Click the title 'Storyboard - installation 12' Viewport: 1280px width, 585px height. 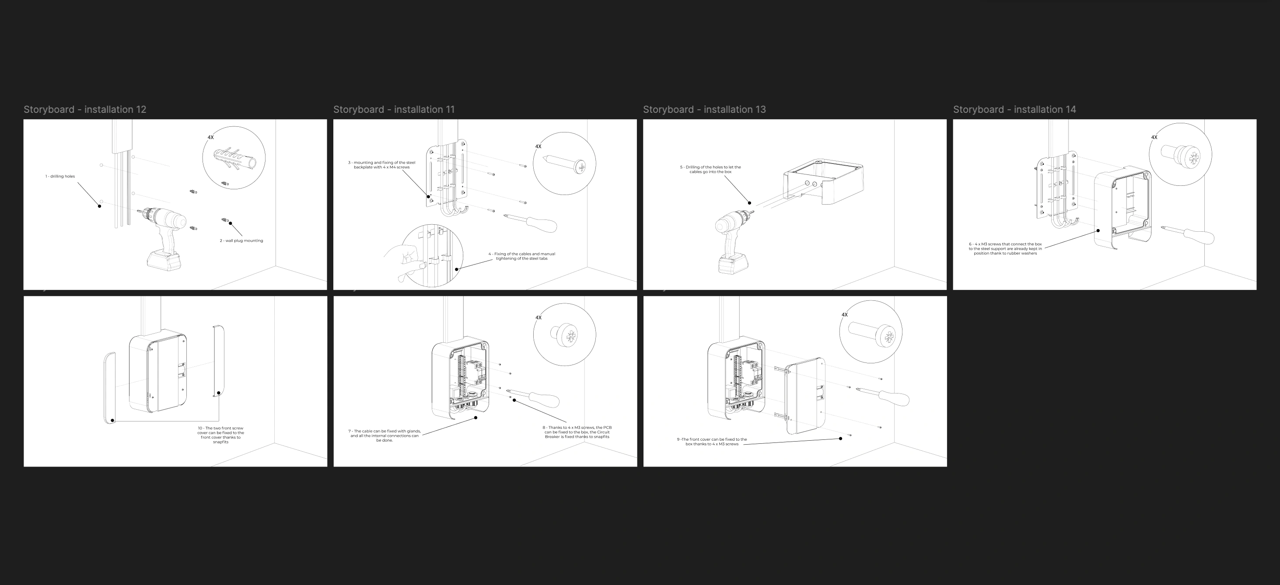(x=85, y=109)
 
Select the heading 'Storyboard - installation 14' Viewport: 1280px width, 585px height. (x=1014, y=109)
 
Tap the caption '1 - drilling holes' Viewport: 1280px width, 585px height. (x=60, y=176)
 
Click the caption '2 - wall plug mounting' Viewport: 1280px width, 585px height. (x=241, y=241)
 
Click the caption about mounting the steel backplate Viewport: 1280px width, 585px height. (x=381, y=165)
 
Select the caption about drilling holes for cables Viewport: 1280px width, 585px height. (x=710, y=169)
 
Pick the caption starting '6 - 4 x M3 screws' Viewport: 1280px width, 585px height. (x=1005, y=249)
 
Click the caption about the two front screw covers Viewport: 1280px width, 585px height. (x=220, y=435)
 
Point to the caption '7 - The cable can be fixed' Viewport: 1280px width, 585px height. (x=385, y=435)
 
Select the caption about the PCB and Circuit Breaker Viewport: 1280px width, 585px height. (x=577, y=432)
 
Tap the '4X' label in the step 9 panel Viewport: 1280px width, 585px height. (x=845, y=315)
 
